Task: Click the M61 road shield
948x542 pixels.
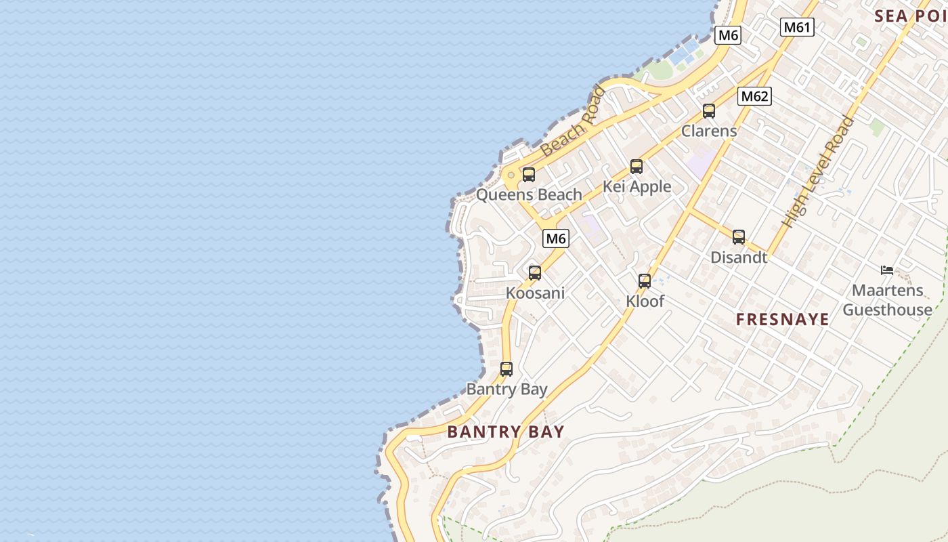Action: (796, 27)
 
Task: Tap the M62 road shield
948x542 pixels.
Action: (754, 96)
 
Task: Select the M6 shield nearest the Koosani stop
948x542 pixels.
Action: (555, 238)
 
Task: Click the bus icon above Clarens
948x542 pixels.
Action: (709, 111)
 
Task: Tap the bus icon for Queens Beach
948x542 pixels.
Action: (529, 175)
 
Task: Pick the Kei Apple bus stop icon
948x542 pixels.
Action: (637, 167)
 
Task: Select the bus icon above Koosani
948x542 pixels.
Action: (535, 273)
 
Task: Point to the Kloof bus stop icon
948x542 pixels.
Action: (645, 281)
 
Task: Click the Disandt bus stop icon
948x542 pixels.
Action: (739, 237)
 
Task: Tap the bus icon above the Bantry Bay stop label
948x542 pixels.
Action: (507, 369)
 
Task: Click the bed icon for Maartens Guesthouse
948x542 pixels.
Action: (887, 270)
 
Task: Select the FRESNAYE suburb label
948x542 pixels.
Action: (782, 320)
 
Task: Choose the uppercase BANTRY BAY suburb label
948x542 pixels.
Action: (506, 432)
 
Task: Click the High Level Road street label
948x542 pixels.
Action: (818, 172)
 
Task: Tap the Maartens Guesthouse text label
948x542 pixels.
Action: (887, 300)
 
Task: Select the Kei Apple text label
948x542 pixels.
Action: (637, 187)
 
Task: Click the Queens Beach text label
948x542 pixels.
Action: (529, 195)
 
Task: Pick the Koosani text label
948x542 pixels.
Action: (535, 293)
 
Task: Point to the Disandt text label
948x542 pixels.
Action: (739, 257)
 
